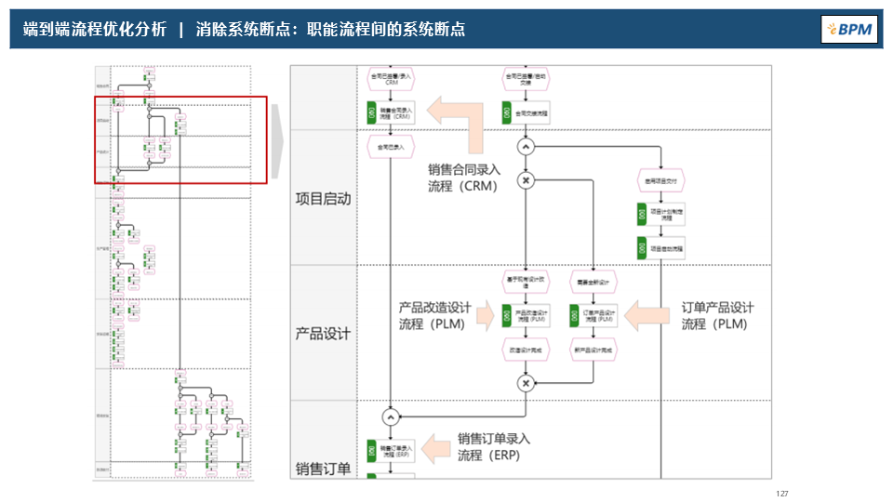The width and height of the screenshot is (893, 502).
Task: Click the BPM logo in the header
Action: (849, 29)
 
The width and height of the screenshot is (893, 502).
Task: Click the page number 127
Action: (781, 494)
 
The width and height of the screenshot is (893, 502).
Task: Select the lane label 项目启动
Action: (323, 198)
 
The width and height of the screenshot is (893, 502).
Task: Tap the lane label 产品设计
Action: (323, 333)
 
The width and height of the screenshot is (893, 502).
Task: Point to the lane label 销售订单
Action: (323, 469)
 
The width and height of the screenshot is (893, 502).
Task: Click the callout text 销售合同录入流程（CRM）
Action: (464, 178)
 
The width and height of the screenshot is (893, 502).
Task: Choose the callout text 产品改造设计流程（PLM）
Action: (435, 315)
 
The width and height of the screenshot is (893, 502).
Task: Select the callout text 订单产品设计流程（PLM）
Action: (717, 315)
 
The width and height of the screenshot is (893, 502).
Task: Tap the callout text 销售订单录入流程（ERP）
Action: (493, 446)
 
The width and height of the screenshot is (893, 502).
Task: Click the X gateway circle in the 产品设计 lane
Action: (526, 382)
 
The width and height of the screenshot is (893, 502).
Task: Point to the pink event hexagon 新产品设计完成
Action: (594, 350)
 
